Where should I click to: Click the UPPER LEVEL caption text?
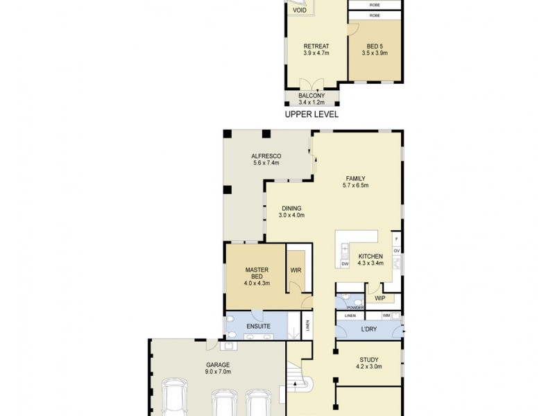(311, 114)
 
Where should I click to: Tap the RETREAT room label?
(316, 46)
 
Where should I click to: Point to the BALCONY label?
(311, 96)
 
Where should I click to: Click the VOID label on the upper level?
(300, 10)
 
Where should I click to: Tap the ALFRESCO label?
(266, 156)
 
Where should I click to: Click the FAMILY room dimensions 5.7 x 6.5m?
(355, 185)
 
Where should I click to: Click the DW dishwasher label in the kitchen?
(345, 264)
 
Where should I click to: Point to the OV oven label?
(397, 251)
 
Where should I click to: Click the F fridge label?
(397, 238)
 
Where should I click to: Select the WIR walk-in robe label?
(296, 270)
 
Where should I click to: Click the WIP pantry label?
(380, 298)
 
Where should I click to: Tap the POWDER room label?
(355, 307)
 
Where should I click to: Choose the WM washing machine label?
(386, 316)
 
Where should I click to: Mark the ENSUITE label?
(257, 326)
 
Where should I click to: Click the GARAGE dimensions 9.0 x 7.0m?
(217, 372)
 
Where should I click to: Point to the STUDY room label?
(368, 360)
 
